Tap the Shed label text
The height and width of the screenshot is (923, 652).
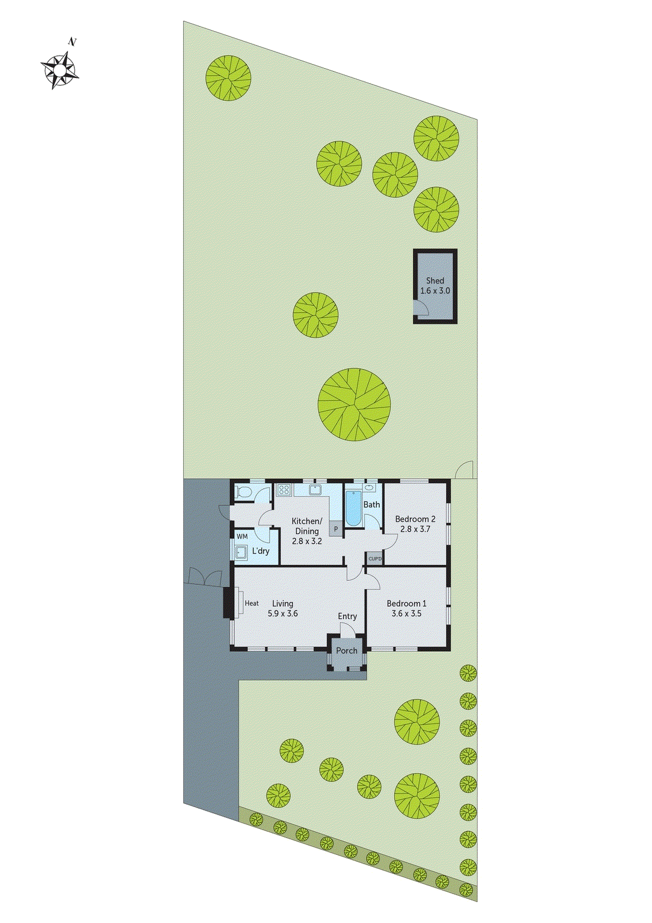pos(435,281)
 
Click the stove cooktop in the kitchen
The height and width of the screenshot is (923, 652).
pos(284,490)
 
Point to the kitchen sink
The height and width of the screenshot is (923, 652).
pos(315,490)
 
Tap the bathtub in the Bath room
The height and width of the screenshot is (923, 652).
pos(353,508)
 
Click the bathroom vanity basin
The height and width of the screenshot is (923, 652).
pos(370,488)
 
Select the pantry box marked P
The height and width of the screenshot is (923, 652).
pos(336,528)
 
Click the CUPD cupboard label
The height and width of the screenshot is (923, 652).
pos(375,558)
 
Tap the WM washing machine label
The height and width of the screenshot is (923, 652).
pos(242,536)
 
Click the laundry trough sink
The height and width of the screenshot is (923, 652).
pos(241,552)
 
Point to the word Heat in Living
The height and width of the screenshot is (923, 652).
pos(252,603)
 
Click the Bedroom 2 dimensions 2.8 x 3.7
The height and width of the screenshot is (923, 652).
pos(415,529)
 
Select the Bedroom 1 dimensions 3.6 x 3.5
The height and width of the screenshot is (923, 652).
pos(406,614)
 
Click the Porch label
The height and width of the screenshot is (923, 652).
pos(347,651)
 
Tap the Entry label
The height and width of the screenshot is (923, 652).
pos(347,617)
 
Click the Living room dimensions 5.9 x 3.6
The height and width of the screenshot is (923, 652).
pos(282,614)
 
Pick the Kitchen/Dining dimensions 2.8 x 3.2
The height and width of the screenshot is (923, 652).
pos(307,542)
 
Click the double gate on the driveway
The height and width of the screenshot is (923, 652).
pos(203,577)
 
